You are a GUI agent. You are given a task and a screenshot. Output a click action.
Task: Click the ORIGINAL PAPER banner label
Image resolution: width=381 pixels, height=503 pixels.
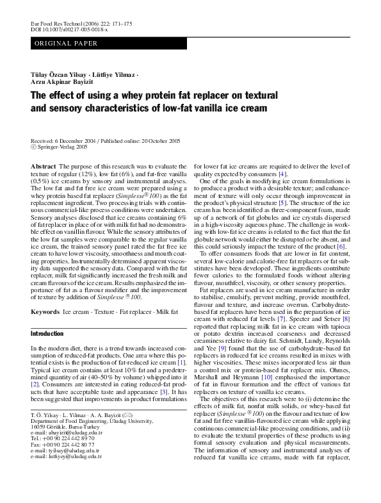click(67, 44)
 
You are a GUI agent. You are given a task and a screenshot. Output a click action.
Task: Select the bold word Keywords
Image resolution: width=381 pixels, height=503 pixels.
click(45, 311)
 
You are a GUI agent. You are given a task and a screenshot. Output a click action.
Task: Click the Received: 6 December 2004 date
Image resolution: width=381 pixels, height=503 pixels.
click(67, 140)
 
